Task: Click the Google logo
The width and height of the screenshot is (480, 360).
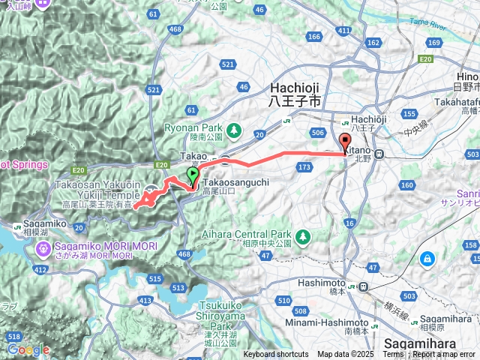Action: (28, 349)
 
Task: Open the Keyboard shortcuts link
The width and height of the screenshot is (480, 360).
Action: (275, 355)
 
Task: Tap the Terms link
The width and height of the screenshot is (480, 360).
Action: (394, 355)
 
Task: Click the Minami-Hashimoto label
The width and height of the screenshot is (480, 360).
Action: (319, 322)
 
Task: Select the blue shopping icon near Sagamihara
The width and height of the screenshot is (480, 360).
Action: (427, 259)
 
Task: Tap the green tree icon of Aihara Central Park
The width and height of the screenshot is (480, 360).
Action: (302, 237)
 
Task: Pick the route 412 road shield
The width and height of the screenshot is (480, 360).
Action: (41, 268)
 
